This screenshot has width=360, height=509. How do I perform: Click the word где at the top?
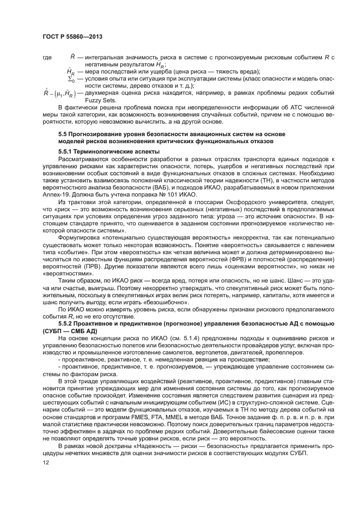click(x=46, y=57)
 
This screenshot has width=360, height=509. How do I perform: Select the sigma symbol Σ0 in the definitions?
click(x=71, y=79)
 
